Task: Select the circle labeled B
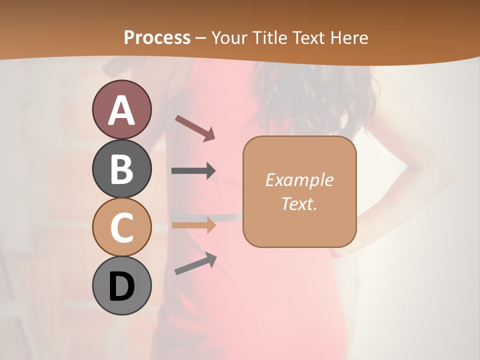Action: [121, 168]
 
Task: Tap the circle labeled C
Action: [121, 227]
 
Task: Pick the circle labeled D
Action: [121, 286]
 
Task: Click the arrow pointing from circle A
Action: [195, 127]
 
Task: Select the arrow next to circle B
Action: [193, 171]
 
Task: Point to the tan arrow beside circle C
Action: [193, 225]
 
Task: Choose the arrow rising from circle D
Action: [195, 263]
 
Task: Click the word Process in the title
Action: [157, 37]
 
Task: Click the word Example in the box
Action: [299, 180]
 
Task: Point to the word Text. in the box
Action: [299, 203]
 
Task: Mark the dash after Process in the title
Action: [201, 38]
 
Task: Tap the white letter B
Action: [121, 168]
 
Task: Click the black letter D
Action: [121, 286]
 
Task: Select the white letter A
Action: [121, 110]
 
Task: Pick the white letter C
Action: [121, 227]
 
